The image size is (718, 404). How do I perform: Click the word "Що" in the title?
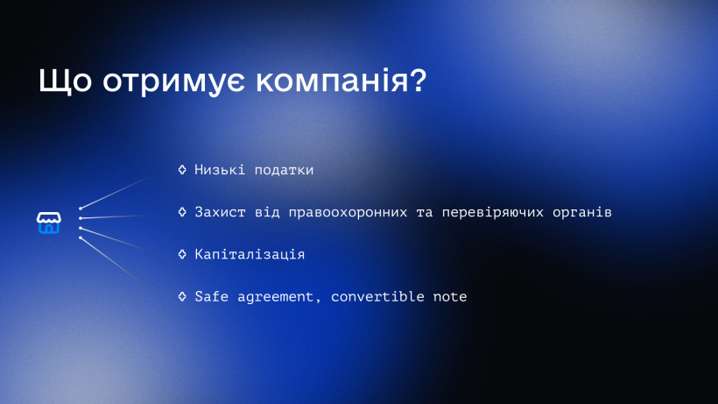coord(65,82)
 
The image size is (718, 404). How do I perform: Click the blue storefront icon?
coord(49,223)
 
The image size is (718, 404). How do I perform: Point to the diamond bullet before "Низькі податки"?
coord(182,169)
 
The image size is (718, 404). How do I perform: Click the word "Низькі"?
coord(220,169)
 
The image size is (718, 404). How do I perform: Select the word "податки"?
coord(284,170)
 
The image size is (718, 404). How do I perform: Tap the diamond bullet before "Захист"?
coord(182,211)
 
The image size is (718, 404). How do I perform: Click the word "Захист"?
coord(220,212)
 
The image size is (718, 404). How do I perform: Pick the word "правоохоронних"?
coord(348,213)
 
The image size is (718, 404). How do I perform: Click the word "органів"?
coord(582,213)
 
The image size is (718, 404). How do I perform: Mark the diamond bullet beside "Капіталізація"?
coord(182,254)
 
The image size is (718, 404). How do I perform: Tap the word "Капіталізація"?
coord(250,255)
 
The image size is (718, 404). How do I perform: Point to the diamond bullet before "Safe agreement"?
coord(182,296)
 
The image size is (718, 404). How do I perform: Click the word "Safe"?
coord(212,296)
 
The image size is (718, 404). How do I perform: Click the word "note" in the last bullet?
coord(450,297)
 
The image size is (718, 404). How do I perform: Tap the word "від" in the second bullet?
coord(267,212)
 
